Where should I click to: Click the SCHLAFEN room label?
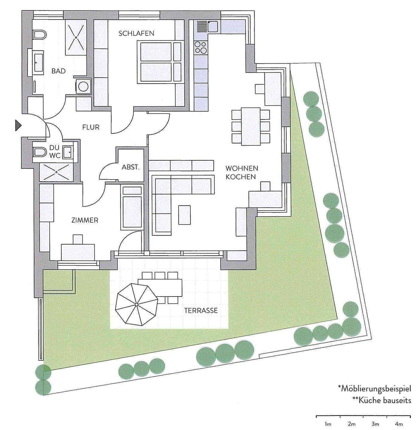coord(136,33)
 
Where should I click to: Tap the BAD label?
coord(58,71)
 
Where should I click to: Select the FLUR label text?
coord(91,127)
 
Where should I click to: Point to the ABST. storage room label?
coord(131,167)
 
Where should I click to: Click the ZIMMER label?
coord(85,220)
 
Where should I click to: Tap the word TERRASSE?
coord(201,311)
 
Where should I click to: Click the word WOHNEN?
coord(242,168)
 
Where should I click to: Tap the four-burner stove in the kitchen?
coord(201,47)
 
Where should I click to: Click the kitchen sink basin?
coord(213,26)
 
